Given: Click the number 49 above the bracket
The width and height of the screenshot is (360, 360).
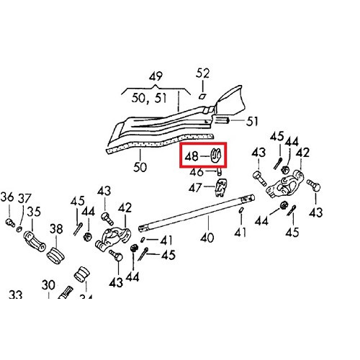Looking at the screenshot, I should point(156,76).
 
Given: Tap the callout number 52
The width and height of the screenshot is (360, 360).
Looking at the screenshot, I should point(204,73).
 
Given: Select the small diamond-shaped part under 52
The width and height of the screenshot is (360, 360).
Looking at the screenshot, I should point(202,94).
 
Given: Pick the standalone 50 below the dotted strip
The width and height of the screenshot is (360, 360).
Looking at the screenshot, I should point(140,167).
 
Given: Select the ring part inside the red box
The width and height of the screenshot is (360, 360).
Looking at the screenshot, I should point(216,154).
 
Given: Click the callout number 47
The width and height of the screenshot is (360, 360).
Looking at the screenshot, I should point(197,187).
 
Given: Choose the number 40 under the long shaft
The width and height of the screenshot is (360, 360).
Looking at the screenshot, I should point(207,237).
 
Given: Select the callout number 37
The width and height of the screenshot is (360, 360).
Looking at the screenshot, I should point(24,199).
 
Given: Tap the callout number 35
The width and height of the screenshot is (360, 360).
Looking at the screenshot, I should point(34,213).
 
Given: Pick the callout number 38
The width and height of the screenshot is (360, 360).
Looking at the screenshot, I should point(56,230).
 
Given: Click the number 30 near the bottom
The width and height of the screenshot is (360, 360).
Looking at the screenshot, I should point(49,284).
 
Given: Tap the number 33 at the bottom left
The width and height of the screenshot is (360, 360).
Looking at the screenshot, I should point(16,295).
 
